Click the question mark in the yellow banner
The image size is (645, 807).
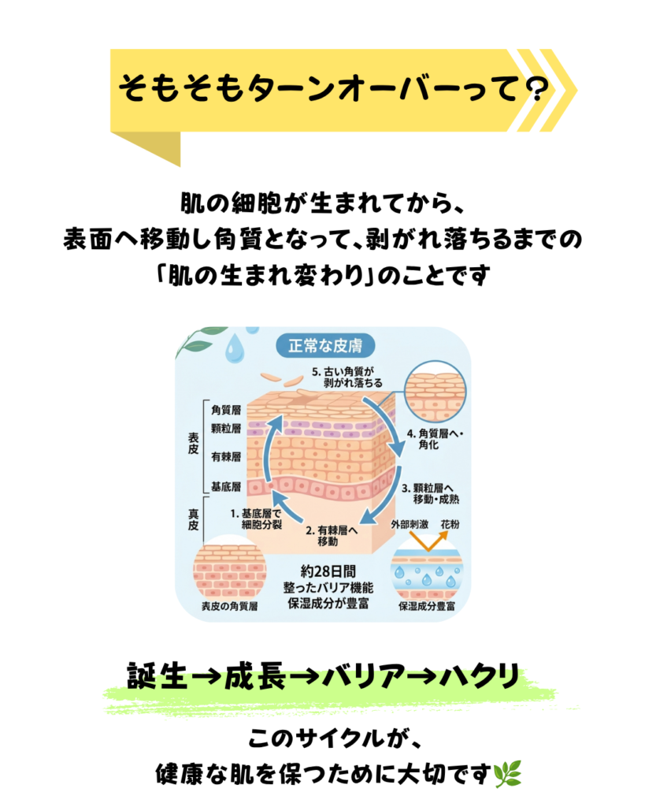pyautogui.click(x=535, y=88)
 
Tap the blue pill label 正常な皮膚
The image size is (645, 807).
pyautogui.click(x=325, y=346)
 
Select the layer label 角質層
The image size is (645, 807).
pyautogui.click(x=226, y=410)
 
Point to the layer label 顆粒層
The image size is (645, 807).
pyautogui.click(x=226, y=429)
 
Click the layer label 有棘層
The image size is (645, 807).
pyautogui.click(x=226, y=457)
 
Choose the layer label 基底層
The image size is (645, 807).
pyautogui.click(x=226, y=487)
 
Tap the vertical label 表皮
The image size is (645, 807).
pyautogui.click(x=194, y=443)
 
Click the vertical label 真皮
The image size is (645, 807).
pyautogui.click(x=194, y=519)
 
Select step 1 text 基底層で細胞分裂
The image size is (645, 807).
pyautogui.click(x=256, y=519)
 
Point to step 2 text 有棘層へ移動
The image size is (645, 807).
pyautogui.click(x=332, y=536)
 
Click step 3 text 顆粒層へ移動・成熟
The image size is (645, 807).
pyautogui.click(x=431, y=493)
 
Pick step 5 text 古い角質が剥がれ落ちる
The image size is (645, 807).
pyautogui.click(x=347, y=377)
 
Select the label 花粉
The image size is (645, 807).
pyautogui.click(x=450, y=524)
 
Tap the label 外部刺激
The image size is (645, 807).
pyautogui.click(x=410, y=524)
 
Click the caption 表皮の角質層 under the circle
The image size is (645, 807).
pyautogui.click(x=229, y=606)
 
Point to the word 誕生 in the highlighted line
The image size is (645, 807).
pyautogui.click(x=158, y=676)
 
